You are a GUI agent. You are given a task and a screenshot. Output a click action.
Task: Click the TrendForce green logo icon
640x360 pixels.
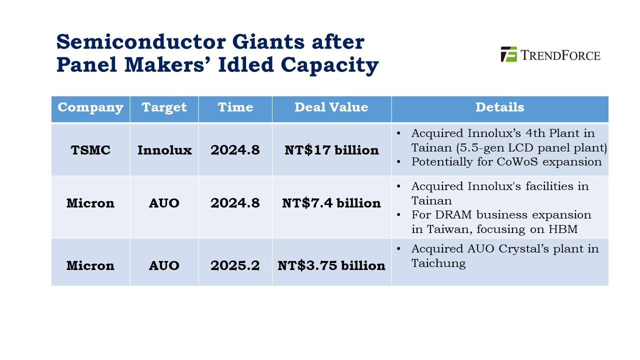coord(509,54)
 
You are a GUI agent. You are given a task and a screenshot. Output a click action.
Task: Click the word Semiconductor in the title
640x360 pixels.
coord(141,42)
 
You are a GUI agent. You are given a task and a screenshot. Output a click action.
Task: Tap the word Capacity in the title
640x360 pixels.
coord(329,65)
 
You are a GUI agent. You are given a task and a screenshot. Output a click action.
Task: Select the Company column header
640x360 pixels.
coord(90,107)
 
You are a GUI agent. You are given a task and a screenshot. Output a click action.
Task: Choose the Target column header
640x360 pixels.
coord(164,107)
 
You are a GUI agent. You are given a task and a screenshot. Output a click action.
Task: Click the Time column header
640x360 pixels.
coord(235,107)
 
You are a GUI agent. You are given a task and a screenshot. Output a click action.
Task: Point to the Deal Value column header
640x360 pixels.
coord(331,107)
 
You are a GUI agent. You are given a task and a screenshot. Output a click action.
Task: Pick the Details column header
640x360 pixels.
coord(499,107)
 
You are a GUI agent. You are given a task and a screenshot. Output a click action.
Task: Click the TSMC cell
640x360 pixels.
coord(90,150)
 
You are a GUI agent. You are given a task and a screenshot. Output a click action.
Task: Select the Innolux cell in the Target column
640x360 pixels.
coord(164,150)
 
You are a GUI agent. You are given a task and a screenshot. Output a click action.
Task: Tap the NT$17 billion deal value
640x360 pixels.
coord(331,150)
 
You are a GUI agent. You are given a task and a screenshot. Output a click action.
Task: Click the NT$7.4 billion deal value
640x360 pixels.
coord(331,203)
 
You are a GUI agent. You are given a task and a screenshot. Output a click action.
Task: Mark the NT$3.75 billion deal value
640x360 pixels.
coord(331,265)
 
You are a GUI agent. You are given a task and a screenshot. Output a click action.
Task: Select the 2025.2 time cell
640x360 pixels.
coord(235,265)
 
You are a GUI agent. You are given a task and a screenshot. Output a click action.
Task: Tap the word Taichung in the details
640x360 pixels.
coord(438,263)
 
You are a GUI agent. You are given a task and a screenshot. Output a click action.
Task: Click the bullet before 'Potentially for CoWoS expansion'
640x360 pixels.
coord(398,162)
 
